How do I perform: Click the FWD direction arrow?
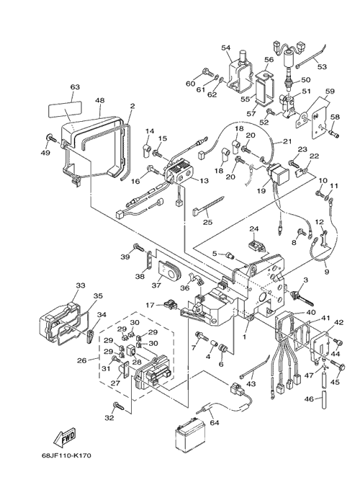(65, 437)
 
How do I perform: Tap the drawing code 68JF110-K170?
(67, 455)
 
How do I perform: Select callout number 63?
(75, 87)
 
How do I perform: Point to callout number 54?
(225, 48)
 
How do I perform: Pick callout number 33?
(81, 285)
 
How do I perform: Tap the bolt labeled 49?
(50, 138)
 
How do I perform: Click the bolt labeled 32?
(119, 406)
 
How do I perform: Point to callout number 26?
(82, 360)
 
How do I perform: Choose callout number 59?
(330, 92)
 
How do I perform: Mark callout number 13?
(204, 181)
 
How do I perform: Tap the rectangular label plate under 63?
(66, 110)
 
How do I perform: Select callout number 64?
(215, 423)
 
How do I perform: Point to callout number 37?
(156, 285)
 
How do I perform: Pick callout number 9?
(327, 272)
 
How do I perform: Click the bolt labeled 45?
(338, 365)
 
